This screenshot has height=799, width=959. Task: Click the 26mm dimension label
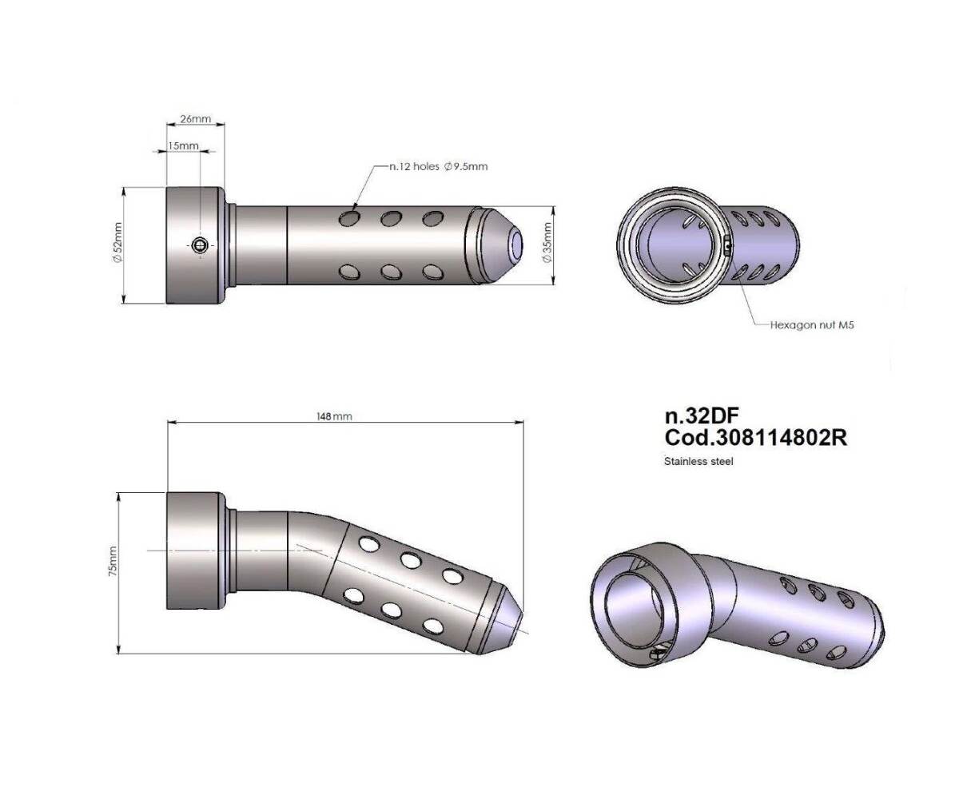[x=195, y=119]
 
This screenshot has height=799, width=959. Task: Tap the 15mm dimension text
[x=183, y=145]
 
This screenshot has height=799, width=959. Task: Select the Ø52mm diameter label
[x=117, y=242]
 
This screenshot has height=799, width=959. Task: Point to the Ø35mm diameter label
[x=547, y=242]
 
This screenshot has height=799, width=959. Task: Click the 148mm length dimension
[x=334, y=416]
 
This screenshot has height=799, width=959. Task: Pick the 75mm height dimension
[x=113, y=561]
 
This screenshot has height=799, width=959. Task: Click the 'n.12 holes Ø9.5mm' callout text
[x=439, y=166]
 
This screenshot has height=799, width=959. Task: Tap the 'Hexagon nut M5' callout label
[x=812, y=325]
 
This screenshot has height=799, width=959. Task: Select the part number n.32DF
[x=702, y=415]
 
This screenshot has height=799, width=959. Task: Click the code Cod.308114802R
[x=756, y=438]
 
